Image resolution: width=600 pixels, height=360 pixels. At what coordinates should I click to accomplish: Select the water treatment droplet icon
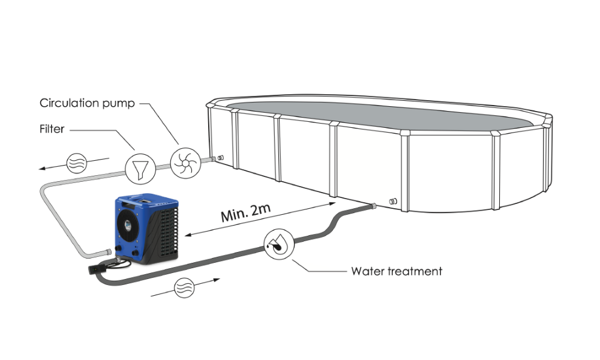pyautogui.click(x=278, y=245)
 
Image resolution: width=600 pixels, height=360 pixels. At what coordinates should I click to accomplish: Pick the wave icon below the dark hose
pyautogui.click(x=184, y=289)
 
